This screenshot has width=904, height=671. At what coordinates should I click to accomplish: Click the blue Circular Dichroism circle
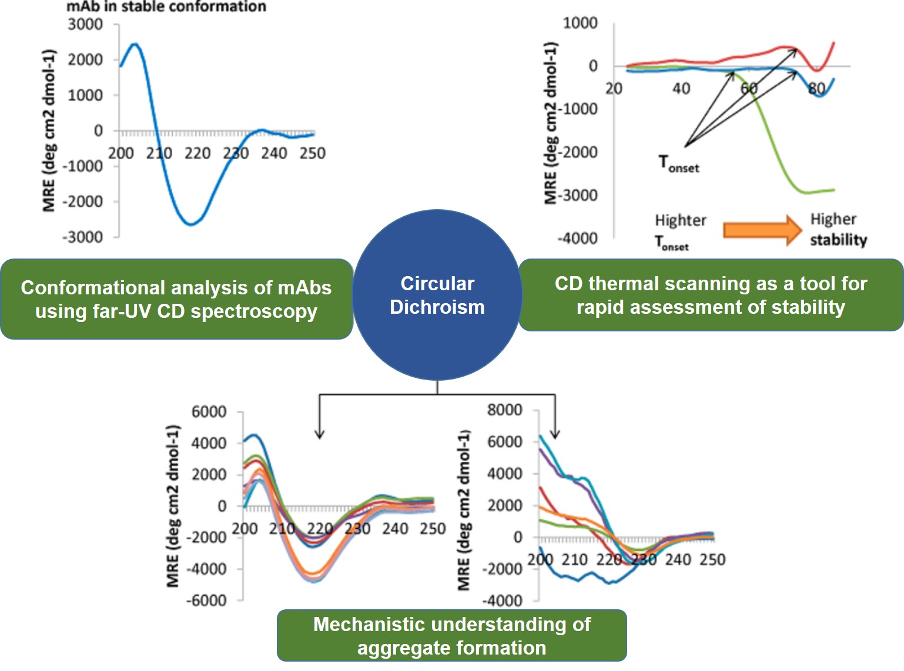pyautogui.click(x=437, y=295)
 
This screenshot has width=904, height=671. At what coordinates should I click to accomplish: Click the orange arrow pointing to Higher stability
pyautogui.click(x=762, y=229)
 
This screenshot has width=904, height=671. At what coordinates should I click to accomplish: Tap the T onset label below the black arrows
pyautogui.click(x=678, y=163)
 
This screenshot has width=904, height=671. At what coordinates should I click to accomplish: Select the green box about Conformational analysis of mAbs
pyautogui.click(x=176, y=299)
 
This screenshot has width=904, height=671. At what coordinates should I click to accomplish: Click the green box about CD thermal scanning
pyautogui.click(x=711, y=295)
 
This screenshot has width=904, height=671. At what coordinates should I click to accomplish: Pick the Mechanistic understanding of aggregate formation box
pyautogui.click(x=451, y=636)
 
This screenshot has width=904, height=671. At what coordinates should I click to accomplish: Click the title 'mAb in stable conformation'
pyautogui.click(x=166, y=7)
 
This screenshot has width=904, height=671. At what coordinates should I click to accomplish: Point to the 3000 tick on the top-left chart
pyautogui.click(x=85, y=25)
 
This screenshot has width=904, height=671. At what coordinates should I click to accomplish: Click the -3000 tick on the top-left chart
pyautogui.click(x=83, y=237)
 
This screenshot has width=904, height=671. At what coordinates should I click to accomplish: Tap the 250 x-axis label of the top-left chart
pyautogui.click(x=312, y=153)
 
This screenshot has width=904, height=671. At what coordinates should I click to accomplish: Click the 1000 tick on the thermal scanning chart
pyautogui.click(x=580, y=23)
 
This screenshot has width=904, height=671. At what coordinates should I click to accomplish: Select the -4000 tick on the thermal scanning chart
pyautogui.click(x=577, y=239)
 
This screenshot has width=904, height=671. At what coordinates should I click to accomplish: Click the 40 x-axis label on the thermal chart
pyautogui.click(x=681, y=89)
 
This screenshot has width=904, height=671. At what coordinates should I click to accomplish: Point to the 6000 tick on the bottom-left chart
pyautogui.click(x=209, y=412)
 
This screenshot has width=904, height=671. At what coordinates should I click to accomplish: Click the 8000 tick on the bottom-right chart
pyautogui.click(x=504, y=410)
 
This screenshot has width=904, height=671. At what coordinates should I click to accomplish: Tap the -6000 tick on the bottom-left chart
pyautogui.click(x=206, y=600)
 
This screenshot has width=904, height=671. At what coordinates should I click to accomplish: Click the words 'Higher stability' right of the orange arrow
pyautogui.click(x=838, y=229)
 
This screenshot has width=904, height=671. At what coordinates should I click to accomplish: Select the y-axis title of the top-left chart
pyautogui.click(x=49, y=130)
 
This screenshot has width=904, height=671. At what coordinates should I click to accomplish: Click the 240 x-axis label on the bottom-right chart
pyautogui.click(x=678, y=559)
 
